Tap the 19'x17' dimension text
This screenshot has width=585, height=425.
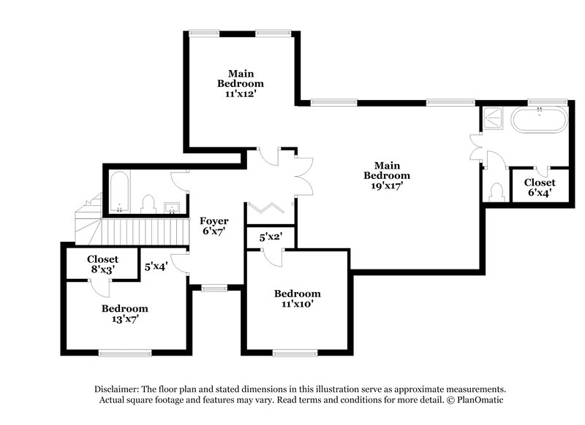click(x=387, y=186)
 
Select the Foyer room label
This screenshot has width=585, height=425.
click(x=214, y=221)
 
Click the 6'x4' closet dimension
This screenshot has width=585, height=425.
click(x=540, y=194)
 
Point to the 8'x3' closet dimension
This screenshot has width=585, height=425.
click(x=102, y=269)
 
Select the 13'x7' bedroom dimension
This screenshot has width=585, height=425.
click(x=125, y=319)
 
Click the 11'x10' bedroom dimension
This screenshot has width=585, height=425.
click(x=298, y=305)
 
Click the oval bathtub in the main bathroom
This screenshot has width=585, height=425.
click(x=539, y=120)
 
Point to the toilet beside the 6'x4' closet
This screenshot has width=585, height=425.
click(x=498, y=192)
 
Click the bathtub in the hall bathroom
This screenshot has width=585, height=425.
click(x=119, y=191)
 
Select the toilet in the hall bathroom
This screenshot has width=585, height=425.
click(x=148, y=203)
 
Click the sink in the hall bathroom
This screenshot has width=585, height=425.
click(x=172, y=205)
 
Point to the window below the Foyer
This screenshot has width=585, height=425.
click(x=214, y=288)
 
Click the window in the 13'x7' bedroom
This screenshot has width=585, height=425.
click(x=125, y=353)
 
